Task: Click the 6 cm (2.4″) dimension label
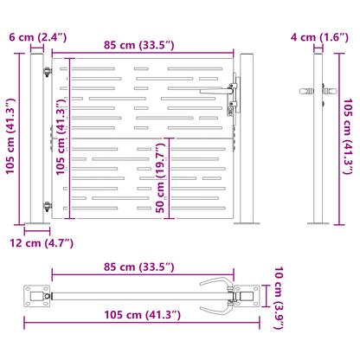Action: click(x=38, y=37)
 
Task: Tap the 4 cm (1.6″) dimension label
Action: click(x=319, y=37)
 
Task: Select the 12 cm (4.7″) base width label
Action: click(x=42, y=243)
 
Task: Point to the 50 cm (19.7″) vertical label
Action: click(x=160, y=178)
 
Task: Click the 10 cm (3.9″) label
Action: click(x=279, y=298)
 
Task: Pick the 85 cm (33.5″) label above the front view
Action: click(x=139, y=45)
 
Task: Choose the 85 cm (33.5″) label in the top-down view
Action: click(x=139, y=267)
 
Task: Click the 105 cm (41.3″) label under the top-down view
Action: click(x=143, y=315)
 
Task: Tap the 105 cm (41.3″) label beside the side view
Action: click(x=348, y=137)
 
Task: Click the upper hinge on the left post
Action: click(x=47, y=71)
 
